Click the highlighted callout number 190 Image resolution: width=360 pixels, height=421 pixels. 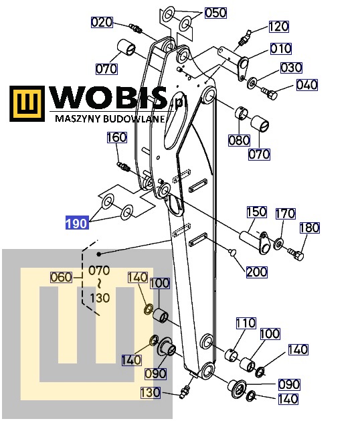click(x=77, y=223)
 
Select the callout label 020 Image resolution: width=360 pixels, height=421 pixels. click(x=102, y=22)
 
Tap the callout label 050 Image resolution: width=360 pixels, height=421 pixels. click(x=215, y=13)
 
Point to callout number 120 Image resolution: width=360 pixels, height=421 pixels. click(x=278, y=27)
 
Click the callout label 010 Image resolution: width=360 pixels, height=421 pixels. click(x=280, y=49)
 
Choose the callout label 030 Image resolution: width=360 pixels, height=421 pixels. click(x=291, y=68)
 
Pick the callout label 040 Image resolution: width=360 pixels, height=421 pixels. click(x=307, y=85)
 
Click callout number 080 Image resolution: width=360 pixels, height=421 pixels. click(x=239, y=140)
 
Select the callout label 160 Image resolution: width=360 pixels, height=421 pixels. click(x=117, y=137)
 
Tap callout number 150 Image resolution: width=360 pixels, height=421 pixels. click(x=257, y=212)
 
